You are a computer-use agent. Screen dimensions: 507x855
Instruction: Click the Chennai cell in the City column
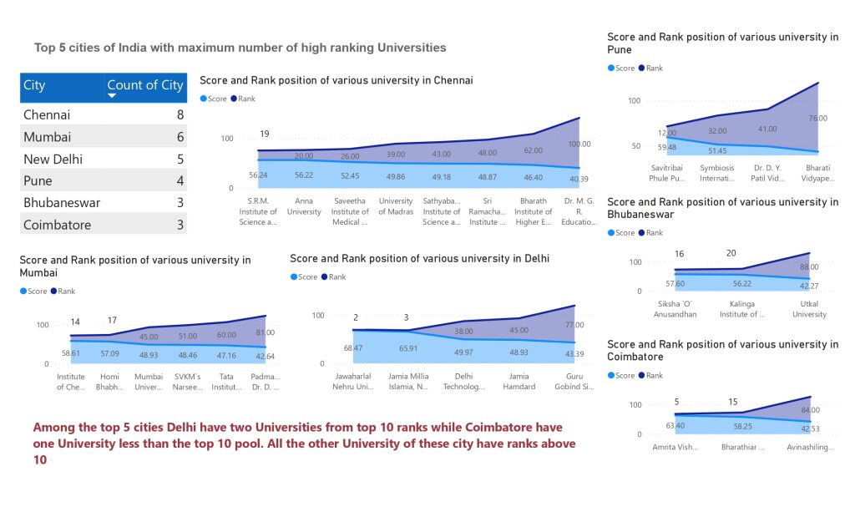coord(47,115)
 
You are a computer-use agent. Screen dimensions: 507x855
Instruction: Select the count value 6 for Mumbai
coord(180,137)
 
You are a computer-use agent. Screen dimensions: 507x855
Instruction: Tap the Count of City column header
coord(144,85)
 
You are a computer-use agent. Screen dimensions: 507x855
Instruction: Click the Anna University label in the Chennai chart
coord(304,205)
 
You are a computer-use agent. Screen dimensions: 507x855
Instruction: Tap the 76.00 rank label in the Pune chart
coord(817,118)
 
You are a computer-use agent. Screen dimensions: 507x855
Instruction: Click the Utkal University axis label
coord(809,309)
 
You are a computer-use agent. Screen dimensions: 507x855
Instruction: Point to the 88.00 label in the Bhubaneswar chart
coord(808,267)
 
